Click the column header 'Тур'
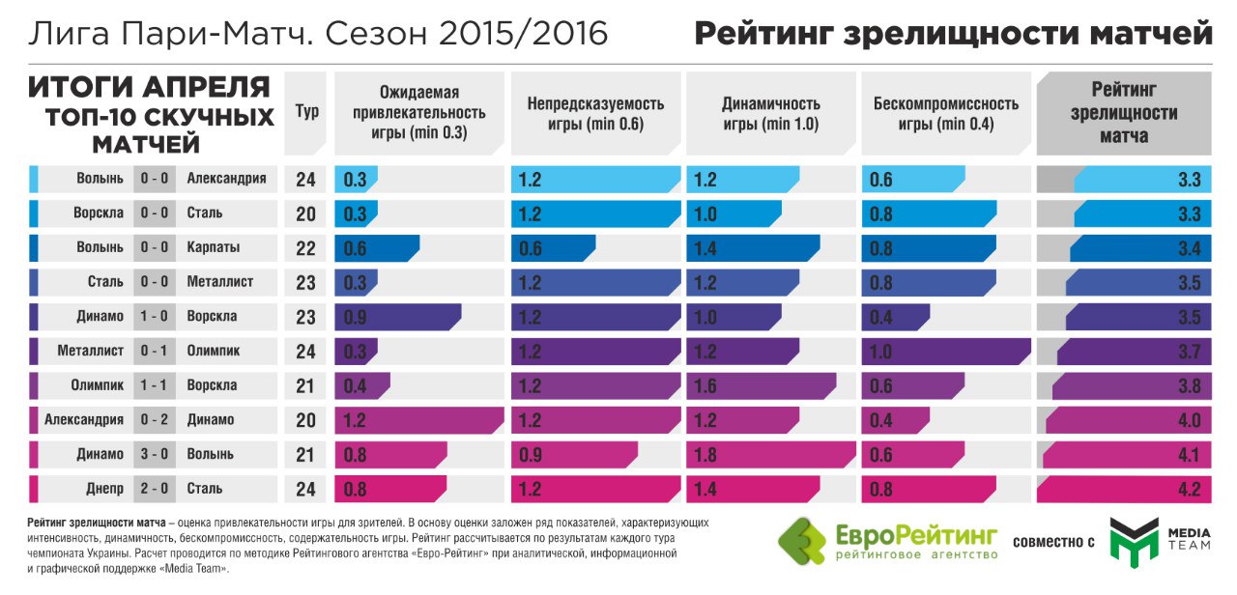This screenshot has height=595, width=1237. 306,112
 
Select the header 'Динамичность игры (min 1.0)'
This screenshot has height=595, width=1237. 770,114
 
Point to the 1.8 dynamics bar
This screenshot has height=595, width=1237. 770,455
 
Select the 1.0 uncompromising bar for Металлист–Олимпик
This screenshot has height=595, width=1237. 945,352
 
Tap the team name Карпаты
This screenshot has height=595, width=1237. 214,248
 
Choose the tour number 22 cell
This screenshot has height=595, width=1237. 306,248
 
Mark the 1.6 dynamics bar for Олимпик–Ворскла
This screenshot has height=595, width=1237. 761,386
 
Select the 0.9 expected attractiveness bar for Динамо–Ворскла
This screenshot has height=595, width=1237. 397,317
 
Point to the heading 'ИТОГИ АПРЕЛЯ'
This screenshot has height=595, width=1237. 149,88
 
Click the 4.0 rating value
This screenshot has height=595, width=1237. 1188,421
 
